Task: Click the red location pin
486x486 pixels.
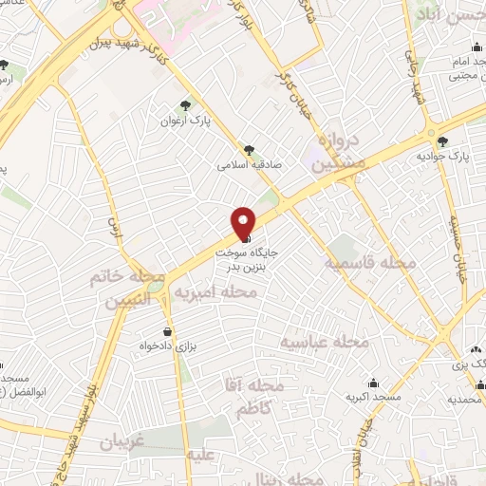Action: tap(244, 222)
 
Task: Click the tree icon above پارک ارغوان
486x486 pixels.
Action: tap(185, 107)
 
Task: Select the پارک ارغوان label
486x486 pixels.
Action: tap(185, 121)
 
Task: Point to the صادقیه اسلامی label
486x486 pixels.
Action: tap(244, 164)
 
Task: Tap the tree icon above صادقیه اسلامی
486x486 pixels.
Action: tap(249, 149)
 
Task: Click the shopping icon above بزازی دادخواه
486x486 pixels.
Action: tap(168, 332)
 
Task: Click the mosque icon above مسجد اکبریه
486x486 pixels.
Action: tap(373, 383)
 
